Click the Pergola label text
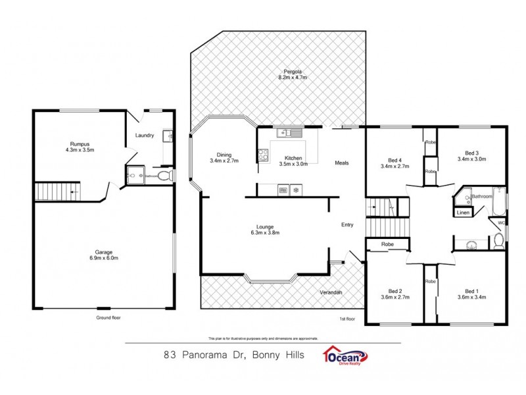292,71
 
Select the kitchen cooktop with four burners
263,156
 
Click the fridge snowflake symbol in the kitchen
296,191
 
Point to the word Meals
341,163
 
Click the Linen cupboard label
462,213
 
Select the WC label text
500,223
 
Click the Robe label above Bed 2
386,244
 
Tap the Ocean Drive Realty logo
345,355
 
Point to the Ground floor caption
108,317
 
